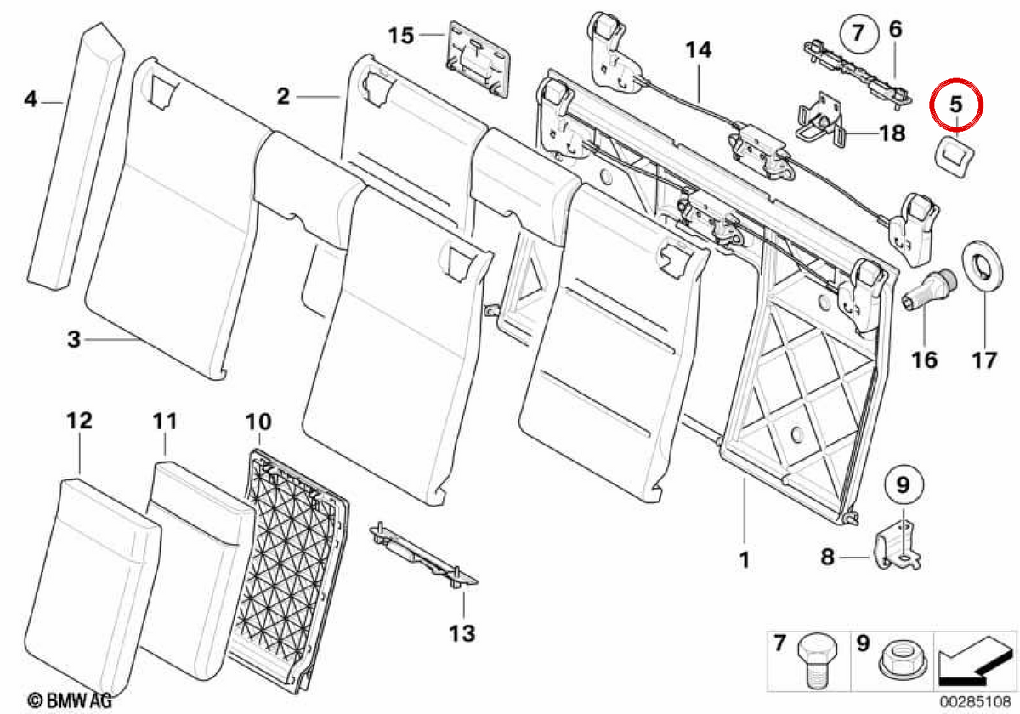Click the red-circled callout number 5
point(955,105)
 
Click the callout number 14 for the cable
point(699,50)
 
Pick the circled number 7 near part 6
point(858,33)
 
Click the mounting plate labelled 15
point(478,59)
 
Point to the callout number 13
point(462,633)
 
